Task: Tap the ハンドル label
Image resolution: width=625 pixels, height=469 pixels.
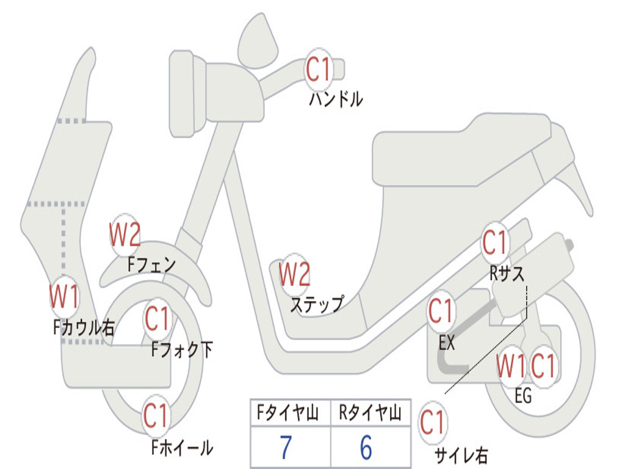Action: click(335, 99)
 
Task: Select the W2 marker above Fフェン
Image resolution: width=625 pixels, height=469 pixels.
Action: click(125, 234)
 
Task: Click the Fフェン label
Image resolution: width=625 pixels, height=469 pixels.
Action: click(151, 264)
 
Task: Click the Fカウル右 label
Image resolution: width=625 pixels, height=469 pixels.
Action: click(84, 328)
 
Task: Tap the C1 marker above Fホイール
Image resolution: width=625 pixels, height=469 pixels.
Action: click(157, 416)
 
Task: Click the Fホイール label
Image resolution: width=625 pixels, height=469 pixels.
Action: click(182, 448)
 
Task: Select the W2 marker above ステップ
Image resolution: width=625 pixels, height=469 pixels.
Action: click(294, 274)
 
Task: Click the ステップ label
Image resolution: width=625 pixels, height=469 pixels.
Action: click(316, 304)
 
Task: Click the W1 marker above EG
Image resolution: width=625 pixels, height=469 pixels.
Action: click(511, 366)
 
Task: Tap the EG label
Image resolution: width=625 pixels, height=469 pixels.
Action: click(523, 396)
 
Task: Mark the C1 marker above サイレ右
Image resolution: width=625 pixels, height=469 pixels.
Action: click(432, 423)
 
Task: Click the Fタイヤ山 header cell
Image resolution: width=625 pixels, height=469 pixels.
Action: click(290, 415)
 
